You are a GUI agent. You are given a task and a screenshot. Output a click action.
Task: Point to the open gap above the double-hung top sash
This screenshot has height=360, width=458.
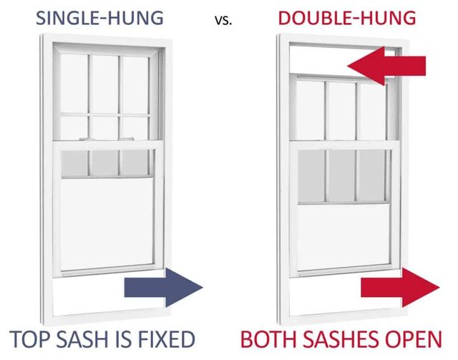(x=318, y=61)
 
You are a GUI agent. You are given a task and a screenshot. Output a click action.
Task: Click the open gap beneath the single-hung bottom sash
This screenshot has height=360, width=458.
(x=86, y=293)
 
